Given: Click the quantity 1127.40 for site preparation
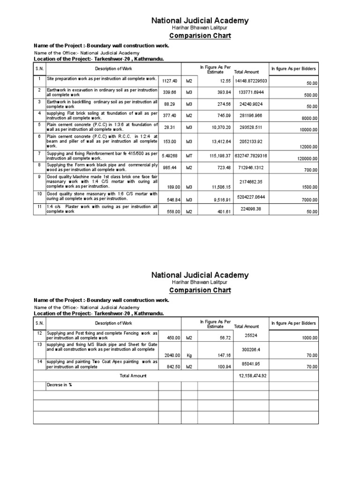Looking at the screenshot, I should point(169,81).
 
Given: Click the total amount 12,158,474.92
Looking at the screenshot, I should point(253,375).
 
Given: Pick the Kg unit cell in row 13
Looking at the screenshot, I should point(189,355).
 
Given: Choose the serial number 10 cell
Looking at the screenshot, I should point(39,194).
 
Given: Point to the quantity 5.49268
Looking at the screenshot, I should point(169,156).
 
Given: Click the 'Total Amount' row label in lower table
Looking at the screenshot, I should point(133,375).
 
